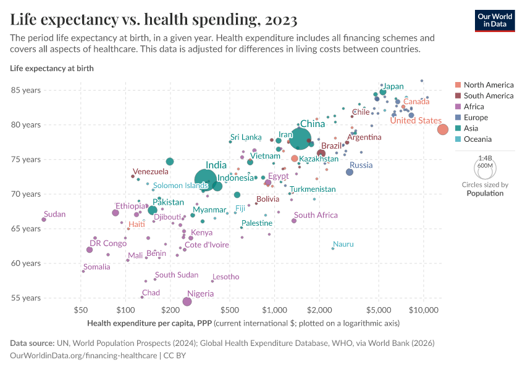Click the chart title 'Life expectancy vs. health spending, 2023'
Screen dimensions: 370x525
coord(154,20)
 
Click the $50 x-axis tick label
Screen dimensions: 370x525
coord(80,308)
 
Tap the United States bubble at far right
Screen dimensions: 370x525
coord(443,129)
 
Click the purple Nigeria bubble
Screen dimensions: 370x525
coord(187,301)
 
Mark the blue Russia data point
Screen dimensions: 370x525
coord(350,172)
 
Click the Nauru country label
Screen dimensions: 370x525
coord(343,244)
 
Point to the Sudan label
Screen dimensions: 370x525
coord(54,214)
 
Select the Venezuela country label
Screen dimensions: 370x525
coord(150,171)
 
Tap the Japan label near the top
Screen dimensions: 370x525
coord(393,86)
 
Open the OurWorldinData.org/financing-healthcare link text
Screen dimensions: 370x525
coord(84,356)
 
